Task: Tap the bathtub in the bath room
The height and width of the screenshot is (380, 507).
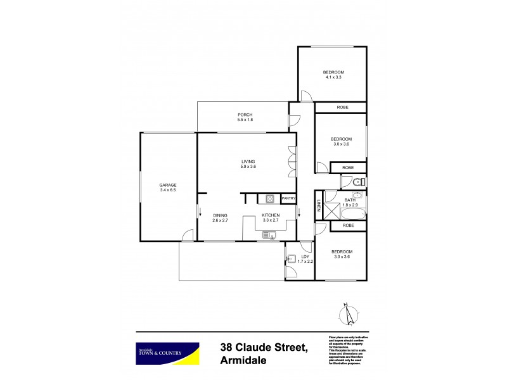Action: (x=354, y=213)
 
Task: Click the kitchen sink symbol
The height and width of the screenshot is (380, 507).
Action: (x=269, y=236)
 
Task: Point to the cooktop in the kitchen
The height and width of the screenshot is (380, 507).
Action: (x=269, y=199)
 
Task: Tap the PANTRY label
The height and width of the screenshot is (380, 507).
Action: (x=288, y=199)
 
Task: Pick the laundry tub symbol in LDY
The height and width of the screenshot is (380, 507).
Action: (x=291, y=258)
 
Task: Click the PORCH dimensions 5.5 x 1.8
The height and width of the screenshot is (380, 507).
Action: (x=245, y=120)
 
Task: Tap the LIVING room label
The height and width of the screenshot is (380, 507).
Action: (x=248, y=161)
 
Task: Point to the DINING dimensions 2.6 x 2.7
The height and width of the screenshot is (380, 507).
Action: (x=220, y=220)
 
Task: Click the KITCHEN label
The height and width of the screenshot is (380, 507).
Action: (x=271, y=215)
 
